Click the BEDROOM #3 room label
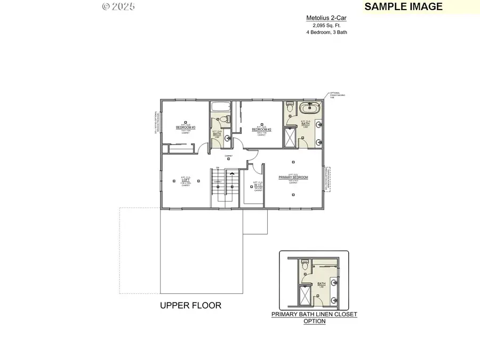186,128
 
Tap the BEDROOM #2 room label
262,130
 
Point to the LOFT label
186,180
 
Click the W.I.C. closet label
258,186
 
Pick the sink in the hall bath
228,138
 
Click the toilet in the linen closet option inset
304,264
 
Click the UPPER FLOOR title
190,306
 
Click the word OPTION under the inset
314,322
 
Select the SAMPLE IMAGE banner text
403,6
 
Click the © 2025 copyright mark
118,6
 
